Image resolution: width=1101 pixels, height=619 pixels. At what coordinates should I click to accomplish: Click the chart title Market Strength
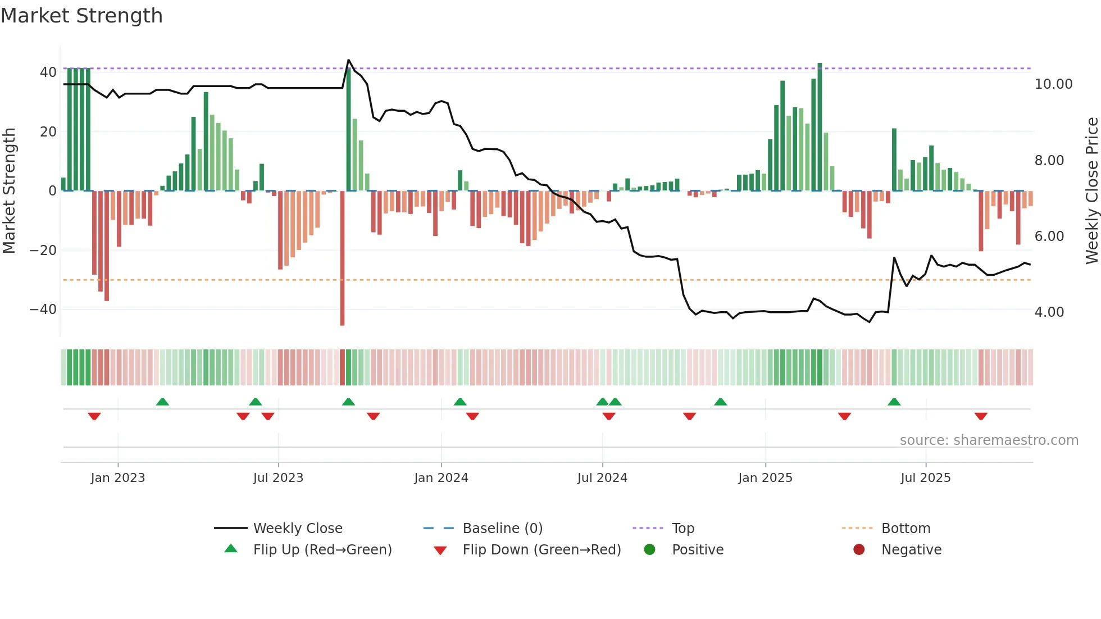tap(81, 16)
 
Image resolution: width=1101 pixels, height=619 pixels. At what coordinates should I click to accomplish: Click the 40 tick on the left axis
tap(48, 72)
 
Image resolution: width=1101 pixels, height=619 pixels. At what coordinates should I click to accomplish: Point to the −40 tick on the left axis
tap(43, 309)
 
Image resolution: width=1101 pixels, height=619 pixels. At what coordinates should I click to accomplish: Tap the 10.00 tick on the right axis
tap(1053, 84)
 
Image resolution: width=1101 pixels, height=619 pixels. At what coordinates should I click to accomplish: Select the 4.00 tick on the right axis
tap(1049, 312)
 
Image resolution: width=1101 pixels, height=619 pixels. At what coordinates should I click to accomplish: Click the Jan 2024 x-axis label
tap(441, 478)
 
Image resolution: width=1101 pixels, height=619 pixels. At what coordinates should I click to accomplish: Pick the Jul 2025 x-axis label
tap(925, 478)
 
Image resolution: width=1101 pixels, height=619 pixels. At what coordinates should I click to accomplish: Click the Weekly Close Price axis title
tap(1091, 191)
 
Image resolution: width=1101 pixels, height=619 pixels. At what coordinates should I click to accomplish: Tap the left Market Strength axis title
tap(9, 191)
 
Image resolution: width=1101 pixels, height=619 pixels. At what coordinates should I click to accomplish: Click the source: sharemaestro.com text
tap(989, 440)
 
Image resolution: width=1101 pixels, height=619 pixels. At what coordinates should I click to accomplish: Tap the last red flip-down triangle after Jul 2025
tap(981, 416)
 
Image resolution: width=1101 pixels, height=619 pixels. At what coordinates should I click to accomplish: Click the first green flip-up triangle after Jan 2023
tap(162, 402)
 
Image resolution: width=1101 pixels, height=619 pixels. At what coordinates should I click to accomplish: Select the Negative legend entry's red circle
tap(859, 550)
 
